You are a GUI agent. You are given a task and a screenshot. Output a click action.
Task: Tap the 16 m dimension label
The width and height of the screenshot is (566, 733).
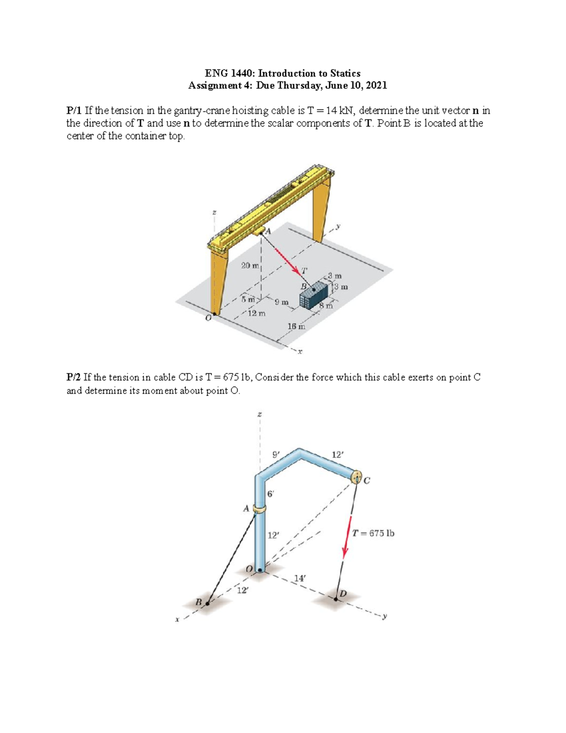click(296, 326)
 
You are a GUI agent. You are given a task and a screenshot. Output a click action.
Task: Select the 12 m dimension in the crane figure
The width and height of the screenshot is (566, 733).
click(257, 313)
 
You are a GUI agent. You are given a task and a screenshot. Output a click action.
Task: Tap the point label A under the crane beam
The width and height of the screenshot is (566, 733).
click(268, 231)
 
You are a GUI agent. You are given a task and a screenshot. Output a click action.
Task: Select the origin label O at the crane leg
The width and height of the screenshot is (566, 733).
click(208, 318)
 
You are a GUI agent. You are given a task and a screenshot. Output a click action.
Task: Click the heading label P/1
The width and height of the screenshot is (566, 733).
click(74, 111)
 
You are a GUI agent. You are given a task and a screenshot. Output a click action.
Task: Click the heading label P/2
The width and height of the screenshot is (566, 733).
click(74, 378)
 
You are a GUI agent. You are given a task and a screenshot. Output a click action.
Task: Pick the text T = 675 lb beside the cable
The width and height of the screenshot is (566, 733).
click(373, 533)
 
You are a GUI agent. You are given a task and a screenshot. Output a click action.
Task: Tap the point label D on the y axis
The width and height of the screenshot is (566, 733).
click(343, 593)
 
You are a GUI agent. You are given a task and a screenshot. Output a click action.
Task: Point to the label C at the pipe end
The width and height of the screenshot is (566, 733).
click(367, 481)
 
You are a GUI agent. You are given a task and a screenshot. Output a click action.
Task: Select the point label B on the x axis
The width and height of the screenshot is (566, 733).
click(199, 603)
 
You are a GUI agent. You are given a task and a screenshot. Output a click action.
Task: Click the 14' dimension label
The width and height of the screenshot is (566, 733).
click(300, 578)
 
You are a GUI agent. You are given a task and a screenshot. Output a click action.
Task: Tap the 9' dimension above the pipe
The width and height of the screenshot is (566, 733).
click(276, 455)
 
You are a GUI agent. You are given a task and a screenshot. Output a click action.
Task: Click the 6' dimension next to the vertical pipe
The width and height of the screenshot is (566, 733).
click(271, 494)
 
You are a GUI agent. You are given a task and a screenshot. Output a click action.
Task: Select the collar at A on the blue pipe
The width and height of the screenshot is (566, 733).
click(259, 509)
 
